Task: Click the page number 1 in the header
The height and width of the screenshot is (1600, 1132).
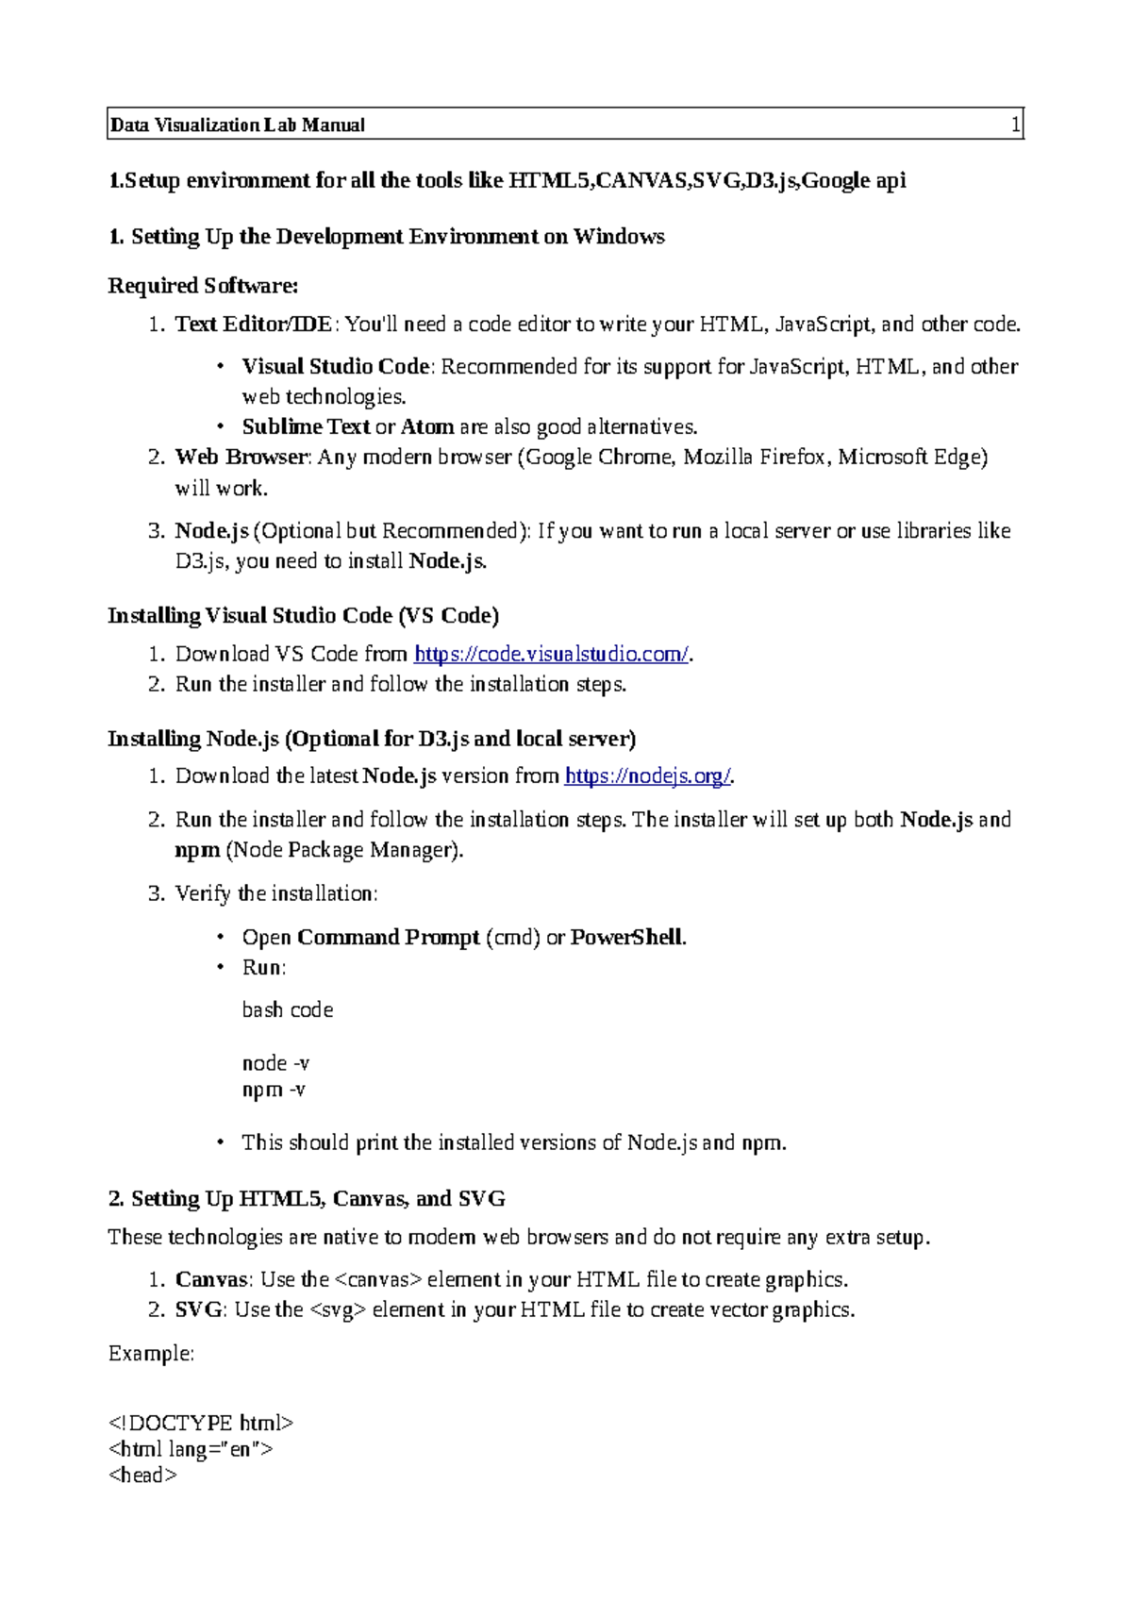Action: (x=1015, y=125)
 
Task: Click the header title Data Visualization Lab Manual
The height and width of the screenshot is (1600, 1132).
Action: (x=238, y=125)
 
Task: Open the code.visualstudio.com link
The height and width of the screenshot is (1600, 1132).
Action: (x=552, y=654)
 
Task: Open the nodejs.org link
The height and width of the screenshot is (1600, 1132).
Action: (x=647, y=775)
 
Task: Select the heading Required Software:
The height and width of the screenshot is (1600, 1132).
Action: (x=203, y=285)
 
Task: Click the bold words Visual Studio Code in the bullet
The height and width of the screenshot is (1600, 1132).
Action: (x=336, y=366)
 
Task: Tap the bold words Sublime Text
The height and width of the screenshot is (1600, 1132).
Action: (x=306, y=426)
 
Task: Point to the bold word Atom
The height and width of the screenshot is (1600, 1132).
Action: (x=427, y=426)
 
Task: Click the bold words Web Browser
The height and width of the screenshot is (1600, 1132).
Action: (x=241, y=457)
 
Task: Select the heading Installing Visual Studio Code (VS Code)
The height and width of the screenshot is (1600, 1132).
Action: (x=303, y=615)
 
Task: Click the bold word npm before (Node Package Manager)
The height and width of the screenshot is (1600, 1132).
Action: (x=197, y=850)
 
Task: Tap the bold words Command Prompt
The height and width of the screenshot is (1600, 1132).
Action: (x=388, y=937)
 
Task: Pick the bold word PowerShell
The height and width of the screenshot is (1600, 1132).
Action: (x=626, y=937)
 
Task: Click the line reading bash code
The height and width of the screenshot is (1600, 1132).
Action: (x=288, y=1009)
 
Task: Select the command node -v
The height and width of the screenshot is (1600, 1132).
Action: (x=275, y=1063)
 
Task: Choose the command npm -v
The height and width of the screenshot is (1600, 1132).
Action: (x=274, y=1090)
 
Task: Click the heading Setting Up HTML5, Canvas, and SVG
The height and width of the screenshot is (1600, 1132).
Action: (x=317, y=1198)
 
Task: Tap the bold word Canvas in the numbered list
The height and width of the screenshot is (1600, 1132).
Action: (x=212, y=1279)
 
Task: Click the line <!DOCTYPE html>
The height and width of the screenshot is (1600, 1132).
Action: (x=201, y=1423)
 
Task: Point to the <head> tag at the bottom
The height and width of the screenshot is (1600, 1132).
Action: (x=142, y=1475)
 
